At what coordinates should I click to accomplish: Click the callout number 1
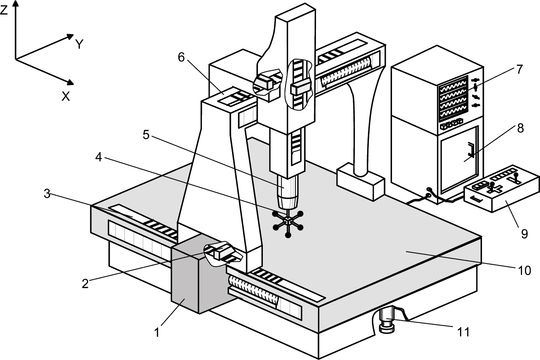[157, 333]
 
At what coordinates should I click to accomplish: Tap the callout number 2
[85, 284]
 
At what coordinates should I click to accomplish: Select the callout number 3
[47, 194]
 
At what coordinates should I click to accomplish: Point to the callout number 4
[99, 157]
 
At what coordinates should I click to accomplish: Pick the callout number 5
[146, 135]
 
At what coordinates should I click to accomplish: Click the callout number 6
[181, 57]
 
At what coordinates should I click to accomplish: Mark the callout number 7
[519, 69]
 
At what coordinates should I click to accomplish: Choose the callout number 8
[520, 128]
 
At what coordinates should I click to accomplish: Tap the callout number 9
[524, 234]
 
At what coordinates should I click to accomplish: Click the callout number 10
[525, 270]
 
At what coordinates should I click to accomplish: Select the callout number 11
[464, 332]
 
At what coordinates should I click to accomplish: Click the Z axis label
[4, 10]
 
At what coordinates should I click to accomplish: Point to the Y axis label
[80, 44]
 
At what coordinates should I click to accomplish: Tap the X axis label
[66, 96]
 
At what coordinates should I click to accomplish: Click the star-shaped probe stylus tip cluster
[288, 223]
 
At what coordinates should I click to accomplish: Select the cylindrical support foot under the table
[387, 320]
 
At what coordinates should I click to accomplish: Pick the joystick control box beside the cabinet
[501, 188]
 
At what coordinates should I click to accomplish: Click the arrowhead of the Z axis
[15, 4]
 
